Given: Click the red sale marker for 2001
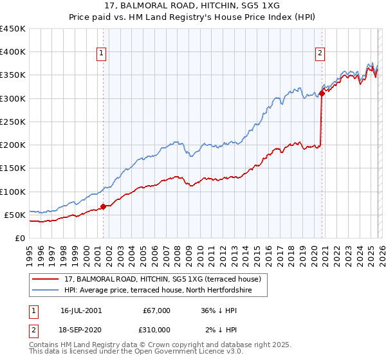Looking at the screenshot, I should click(x=103, y=206).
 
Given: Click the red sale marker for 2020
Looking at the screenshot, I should click(x=321, y=94).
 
